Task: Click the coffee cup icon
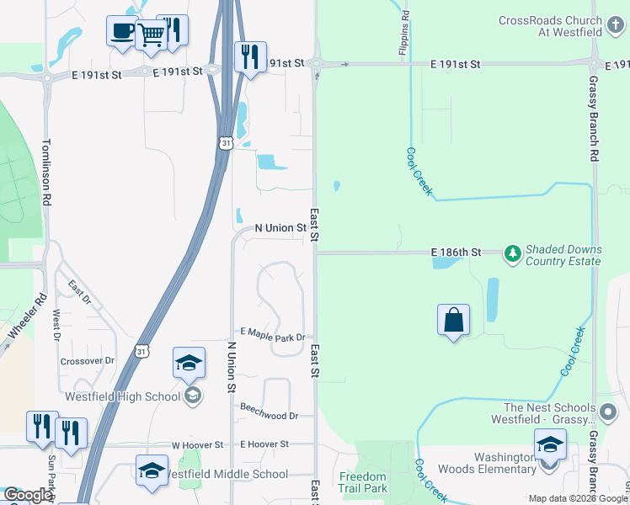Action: [x=122, y=31]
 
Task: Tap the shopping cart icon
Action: [x=151, y=35]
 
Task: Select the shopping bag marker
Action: [x=453, y=320]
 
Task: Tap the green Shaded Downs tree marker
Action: [x=511, y=252]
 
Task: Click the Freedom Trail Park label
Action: [x=363, y=482]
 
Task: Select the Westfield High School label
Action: [x=123, y=396]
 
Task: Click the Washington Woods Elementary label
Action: [x=494, y=463]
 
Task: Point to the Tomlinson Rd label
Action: [x=48, y=172]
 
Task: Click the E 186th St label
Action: [x=456, y=252]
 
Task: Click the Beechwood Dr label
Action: [x=270, y=416]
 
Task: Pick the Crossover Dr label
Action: [x=87, y=360]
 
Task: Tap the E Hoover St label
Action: [x=264, y=444]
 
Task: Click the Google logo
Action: [x=27, y=495]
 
